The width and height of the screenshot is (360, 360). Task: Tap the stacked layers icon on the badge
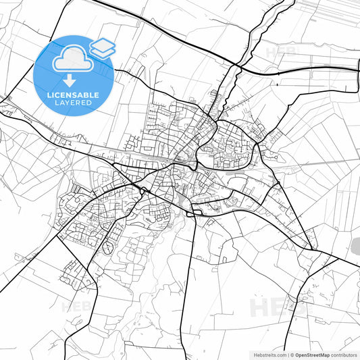pos(102,47)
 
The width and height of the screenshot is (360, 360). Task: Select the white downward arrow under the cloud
pos(70,79)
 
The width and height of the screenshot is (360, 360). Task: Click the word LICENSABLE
pos(73,95)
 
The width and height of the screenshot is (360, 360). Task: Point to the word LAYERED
pos(74,103)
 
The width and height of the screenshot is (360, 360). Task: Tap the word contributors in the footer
pos(344,355)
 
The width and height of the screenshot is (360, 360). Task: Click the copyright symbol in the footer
pos(292,355)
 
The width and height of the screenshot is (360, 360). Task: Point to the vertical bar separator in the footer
pos(288,355)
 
